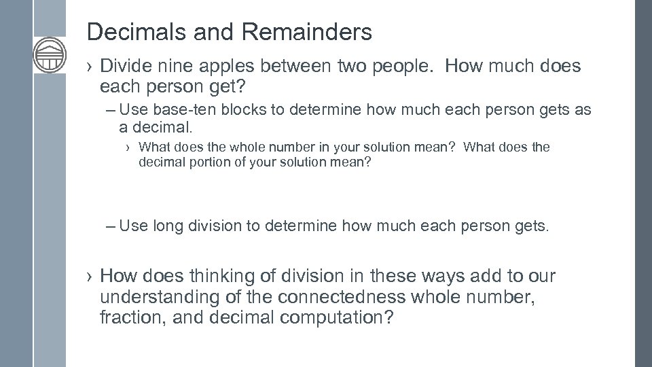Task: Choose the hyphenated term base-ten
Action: click(x=185, y=109)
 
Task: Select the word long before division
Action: click(x=168, y=226)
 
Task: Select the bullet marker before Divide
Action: click(x=91, y=66)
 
